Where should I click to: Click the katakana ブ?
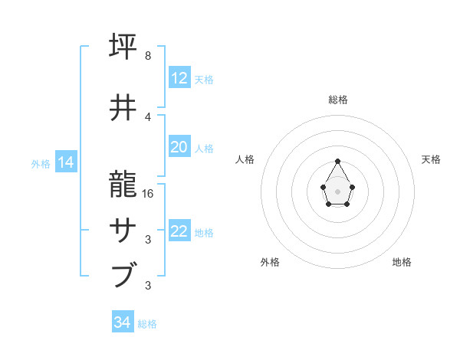pos(126,274)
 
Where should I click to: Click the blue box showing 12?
pos(179,78)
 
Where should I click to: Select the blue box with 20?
pos(179,147)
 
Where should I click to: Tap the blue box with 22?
pos(179,231)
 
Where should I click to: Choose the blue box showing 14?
pos(66,162)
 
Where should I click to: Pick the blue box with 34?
pos(123,322)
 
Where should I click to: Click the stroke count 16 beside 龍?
pos(149,193)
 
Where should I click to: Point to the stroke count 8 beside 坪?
pos(148,56)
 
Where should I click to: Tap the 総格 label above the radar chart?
pos(337,100)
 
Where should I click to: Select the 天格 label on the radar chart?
pos(431,159)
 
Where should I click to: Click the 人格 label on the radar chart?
pos(245,159)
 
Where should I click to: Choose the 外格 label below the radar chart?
pos(270,262)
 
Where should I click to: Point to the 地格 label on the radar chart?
pos(402,262)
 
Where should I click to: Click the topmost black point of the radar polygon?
pos(337,161)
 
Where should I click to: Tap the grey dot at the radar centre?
pos(337,191)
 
